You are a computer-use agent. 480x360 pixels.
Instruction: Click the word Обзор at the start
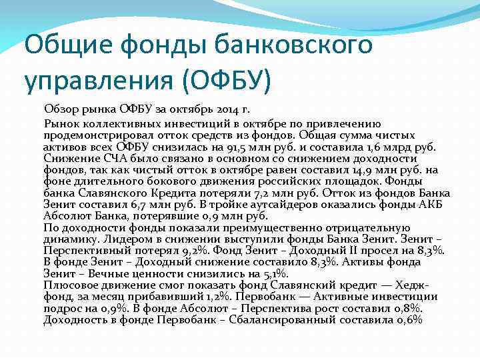pyautogui.click(x=61, y=109)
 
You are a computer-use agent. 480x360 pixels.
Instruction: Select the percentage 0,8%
pyautogui.click(x=407, y=308)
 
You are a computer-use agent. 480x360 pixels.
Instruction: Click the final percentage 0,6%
pyautogui.click(x=409, y=319)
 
